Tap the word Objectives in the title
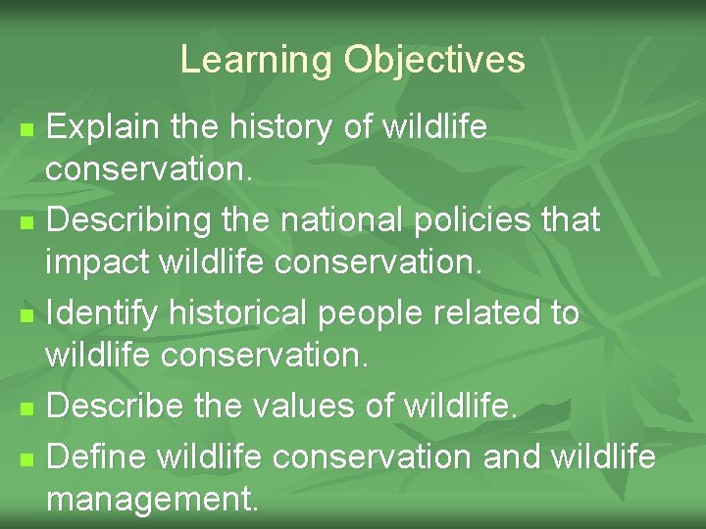pos(434,61)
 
